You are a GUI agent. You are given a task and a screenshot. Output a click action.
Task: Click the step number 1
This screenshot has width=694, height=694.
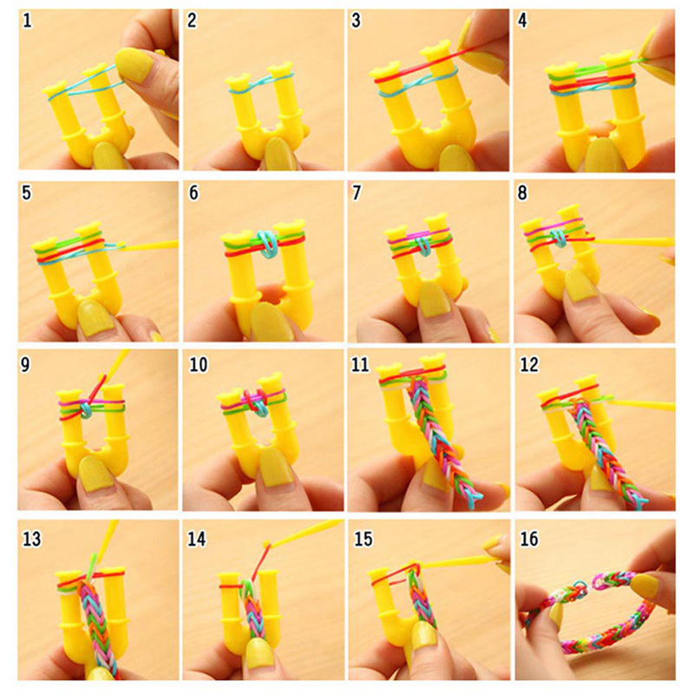point(28,21)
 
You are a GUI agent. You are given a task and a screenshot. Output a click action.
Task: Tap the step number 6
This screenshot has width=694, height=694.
point(193,193)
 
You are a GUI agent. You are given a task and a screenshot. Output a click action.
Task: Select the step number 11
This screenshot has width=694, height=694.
point(360,364)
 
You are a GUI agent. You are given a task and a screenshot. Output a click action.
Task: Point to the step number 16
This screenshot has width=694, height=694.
point(529,539)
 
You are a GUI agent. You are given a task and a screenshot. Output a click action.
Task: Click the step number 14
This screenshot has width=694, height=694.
point(197,539)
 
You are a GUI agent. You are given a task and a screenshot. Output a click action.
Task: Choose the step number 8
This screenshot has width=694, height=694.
point(522,193)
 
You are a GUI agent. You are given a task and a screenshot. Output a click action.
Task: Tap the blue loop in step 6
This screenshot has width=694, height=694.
point(266,243)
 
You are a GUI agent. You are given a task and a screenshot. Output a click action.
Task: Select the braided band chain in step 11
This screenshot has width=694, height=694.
point(442,438)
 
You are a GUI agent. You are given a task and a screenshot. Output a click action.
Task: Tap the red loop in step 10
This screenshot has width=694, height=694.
point(253,401)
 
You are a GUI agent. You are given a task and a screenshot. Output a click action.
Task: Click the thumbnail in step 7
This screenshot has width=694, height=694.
point(436,298)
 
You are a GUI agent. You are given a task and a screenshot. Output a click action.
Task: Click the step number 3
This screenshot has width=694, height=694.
point(357,21)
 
